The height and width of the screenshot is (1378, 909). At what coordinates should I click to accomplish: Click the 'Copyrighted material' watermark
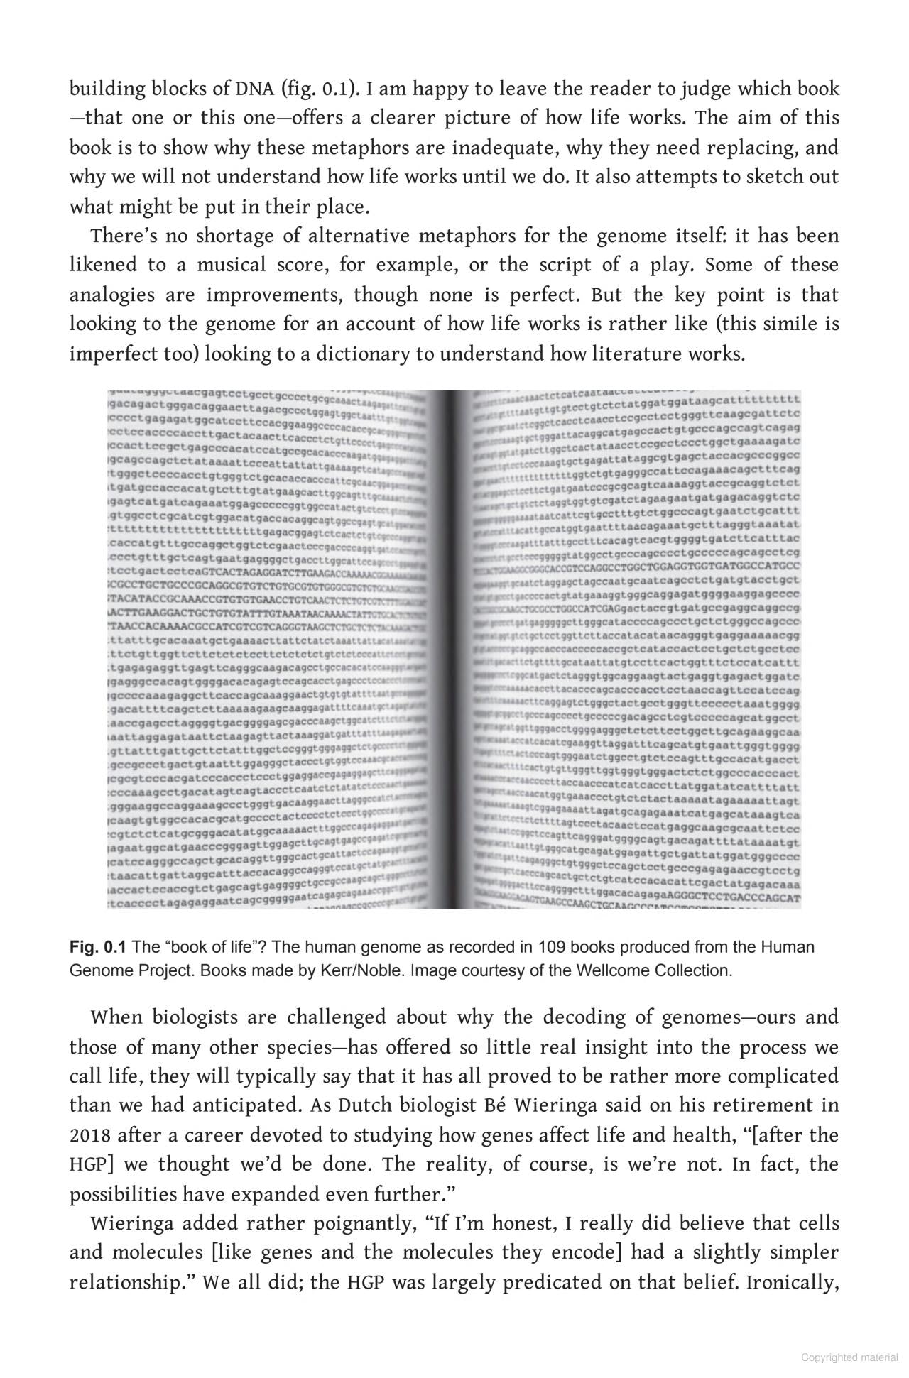(849, 1357)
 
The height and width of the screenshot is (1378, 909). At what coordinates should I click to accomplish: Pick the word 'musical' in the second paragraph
(225, 266)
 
